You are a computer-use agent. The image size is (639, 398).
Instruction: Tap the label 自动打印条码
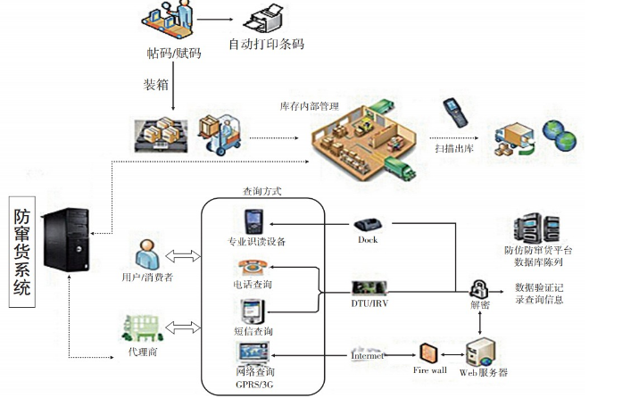(x=266, y=44)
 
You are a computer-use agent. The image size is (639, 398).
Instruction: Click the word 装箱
(x=157, y=86)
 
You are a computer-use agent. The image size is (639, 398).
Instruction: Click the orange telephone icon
(x=250, y=267)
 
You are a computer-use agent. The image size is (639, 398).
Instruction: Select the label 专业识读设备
(x=257, y=242)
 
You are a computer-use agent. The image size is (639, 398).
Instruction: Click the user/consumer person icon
(x=144, y=253)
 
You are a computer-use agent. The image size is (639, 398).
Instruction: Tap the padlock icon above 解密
(x=479, y=287)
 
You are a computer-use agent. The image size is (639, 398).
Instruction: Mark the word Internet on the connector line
(x=368, y=355)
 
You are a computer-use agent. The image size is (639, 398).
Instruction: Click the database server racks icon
(x=533, y=232)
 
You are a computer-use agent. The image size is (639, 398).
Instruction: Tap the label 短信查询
(x=253, y=329)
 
